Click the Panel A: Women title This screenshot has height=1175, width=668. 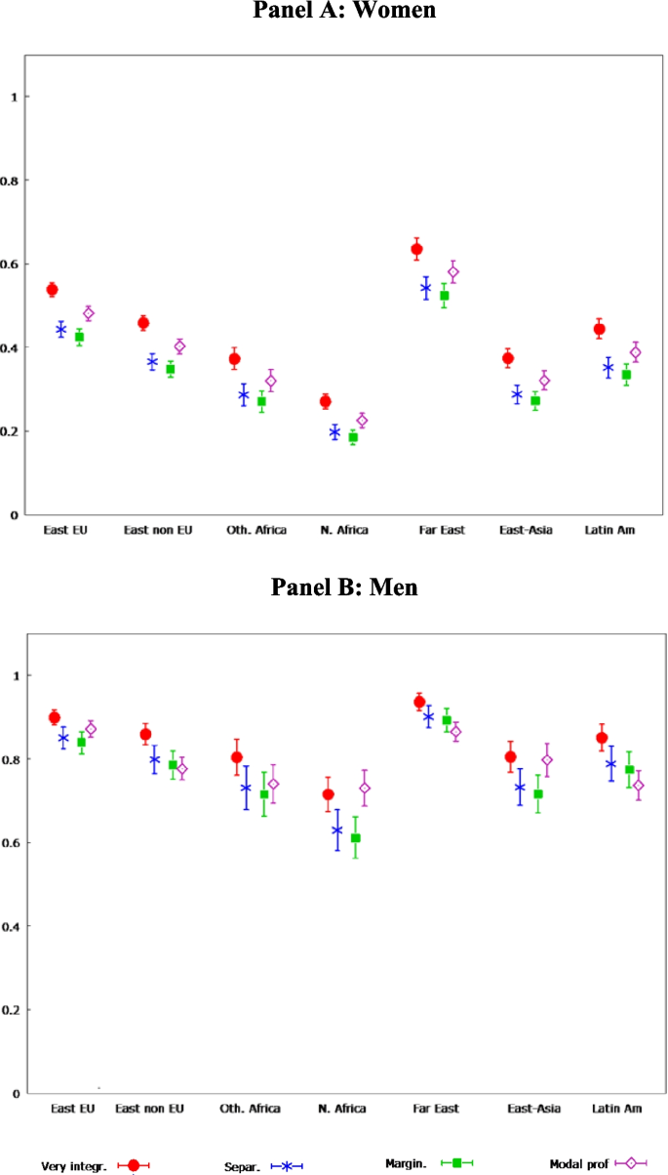(343, 11)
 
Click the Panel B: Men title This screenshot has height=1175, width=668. (343, 587)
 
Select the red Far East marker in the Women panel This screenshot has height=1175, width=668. (416, 250)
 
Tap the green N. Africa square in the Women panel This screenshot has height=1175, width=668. (353, 437)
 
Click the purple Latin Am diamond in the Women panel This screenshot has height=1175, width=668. (635, 352)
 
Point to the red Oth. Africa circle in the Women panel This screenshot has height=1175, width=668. (234, 359)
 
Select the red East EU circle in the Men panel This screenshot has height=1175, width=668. (54, 718)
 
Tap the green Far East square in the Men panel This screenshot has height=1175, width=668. (447, 720)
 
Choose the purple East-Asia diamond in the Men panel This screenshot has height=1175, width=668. (547, 759)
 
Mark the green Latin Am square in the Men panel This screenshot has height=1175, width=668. (629, 769)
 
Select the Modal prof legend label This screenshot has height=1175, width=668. (579, 1164)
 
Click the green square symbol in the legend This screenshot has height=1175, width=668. (456, 1162)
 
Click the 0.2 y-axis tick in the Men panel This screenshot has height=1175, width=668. (14, 1009)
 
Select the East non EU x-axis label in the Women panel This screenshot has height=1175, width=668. (158, 530)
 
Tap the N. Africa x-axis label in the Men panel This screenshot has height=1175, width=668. (343, 1109)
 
